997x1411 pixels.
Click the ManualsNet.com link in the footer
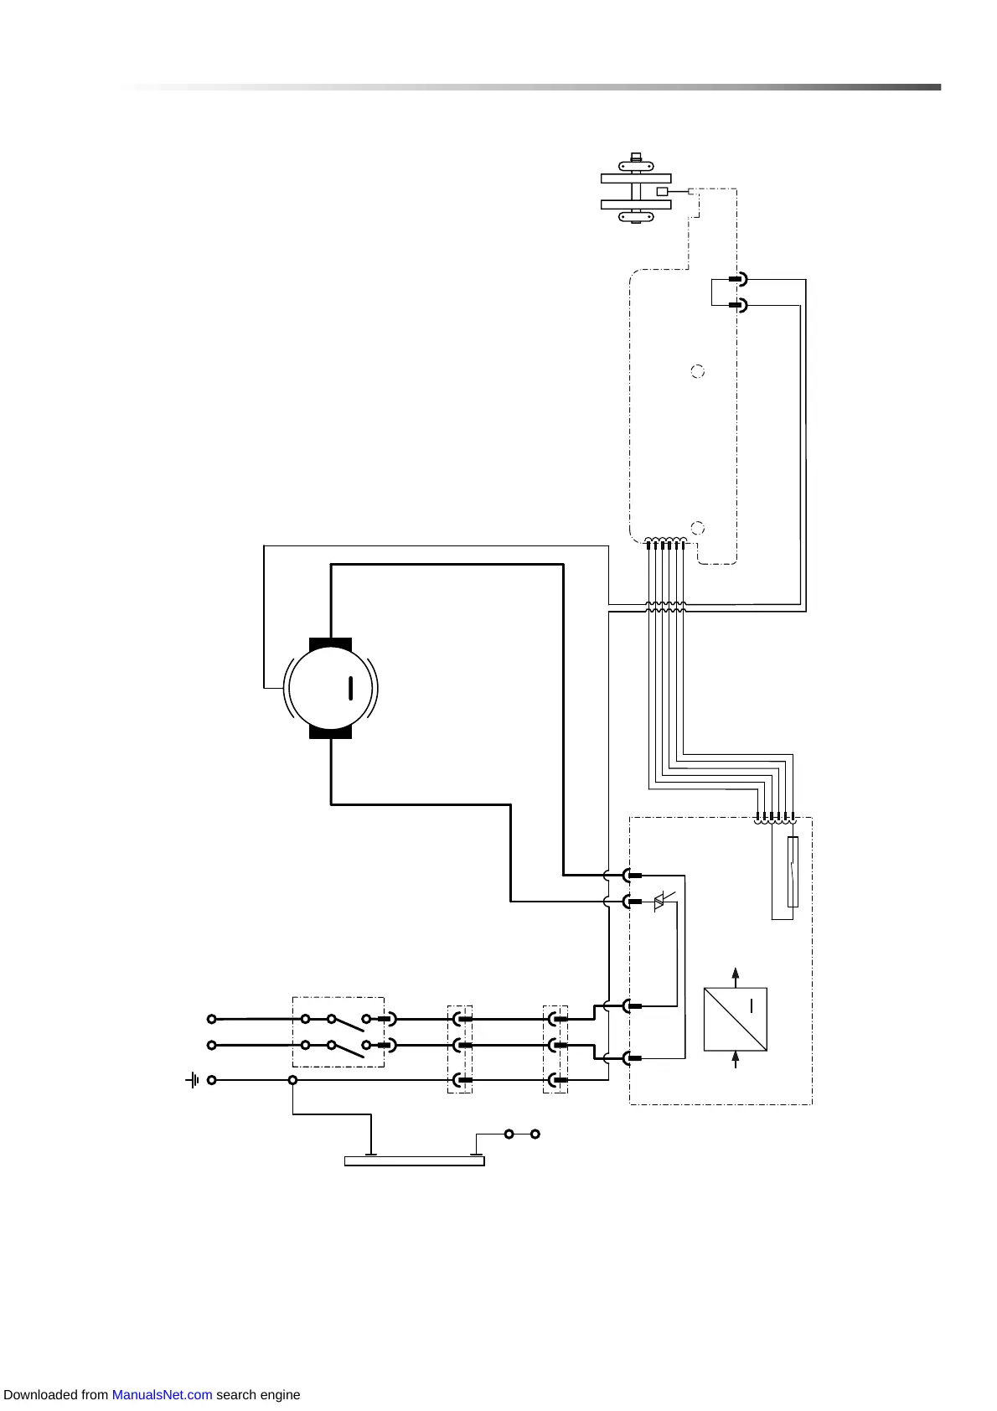(162, 1395)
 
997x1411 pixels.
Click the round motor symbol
(331, 689)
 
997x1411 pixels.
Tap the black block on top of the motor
(331, 644)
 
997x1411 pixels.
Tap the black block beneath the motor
(331, 731)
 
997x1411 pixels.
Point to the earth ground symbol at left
(193, 1080)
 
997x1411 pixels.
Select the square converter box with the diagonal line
(736, 1019)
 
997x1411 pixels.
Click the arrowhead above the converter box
(736, 974)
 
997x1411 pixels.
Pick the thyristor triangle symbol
(659, 902)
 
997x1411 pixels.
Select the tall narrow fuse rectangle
(793, 871)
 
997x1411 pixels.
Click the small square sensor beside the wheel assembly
(662, 192)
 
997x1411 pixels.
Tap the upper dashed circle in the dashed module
(697, 371)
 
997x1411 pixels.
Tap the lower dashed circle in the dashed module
(697, 528)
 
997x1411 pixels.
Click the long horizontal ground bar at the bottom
(415, 1160)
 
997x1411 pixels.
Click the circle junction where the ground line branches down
(292, 1080)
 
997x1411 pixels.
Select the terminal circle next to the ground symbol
(212, 1080)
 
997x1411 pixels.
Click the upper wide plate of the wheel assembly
(636, 178)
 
